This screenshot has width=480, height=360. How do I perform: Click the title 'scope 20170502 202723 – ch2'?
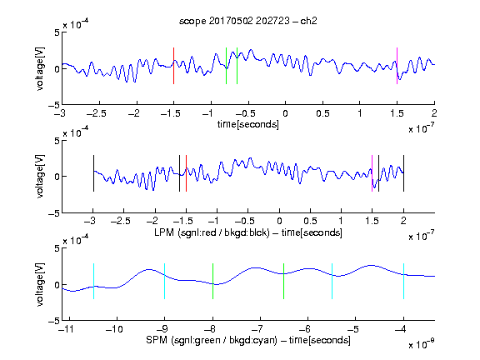[248, 21]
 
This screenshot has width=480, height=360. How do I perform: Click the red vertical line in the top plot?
[173, 66]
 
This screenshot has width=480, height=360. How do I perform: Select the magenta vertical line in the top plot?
[397, 66]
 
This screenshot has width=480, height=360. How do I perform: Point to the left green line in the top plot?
[226, 66]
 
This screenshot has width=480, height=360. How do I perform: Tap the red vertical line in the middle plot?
[186, 173]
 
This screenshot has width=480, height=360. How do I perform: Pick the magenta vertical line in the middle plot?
[372, 173]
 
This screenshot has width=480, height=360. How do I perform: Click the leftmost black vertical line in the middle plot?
[93, 173]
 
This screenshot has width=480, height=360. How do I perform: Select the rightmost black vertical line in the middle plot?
[404, 173]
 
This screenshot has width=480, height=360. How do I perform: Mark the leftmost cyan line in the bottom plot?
[93, 281]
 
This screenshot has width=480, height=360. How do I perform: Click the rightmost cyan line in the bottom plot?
[404, 281]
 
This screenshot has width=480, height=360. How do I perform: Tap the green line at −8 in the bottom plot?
[212, 281]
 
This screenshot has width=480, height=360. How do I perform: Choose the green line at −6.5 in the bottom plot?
[284, 281]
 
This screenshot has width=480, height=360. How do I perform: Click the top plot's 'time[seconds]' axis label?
[248, 124]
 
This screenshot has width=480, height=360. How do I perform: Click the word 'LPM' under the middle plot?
[164, 232]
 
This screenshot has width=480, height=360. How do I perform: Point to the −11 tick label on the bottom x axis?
[67, 329]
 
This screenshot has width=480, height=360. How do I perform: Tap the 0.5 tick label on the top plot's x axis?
[322, 113]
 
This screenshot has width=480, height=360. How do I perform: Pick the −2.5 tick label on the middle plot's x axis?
[120, 221]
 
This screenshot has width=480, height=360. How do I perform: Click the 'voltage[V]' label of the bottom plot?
[40, 284]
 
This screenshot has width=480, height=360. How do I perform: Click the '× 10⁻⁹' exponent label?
[421, 344]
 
